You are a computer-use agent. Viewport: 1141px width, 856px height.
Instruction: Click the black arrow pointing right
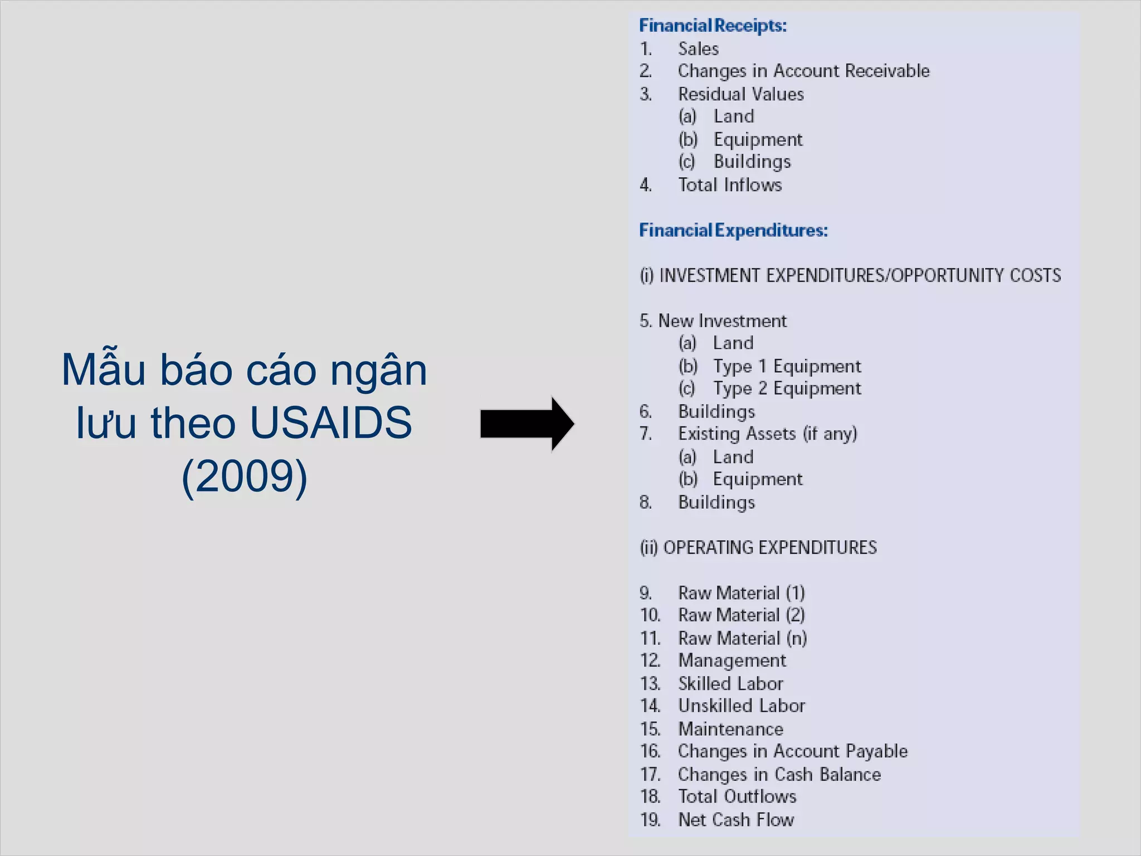click(x=526, y=424)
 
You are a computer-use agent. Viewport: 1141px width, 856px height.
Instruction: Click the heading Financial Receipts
click(x=713, y=26)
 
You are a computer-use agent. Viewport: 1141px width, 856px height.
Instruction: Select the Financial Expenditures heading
click(x=733, y=230)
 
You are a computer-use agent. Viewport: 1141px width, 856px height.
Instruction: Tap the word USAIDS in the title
click(x=331, y=422)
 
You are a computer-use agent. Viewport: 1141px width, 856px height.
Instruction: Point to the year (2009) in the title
click(x=245, y=476)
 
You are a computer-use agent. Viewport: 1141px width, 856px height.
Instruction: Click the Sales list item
click(x=698, y=49)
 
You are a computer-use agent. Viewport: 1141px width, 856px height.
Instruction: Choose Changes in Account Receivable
click(x=803, y=71)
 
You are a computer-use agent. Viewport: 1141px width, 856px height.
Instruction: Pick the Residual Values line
click(x=740, y=94)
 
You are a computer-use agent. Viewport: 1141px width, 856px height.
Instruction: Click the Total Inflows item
click(x=730, y=185)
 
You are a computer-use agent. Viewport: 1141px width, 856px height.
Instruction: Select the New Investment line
click(x=722, y=321)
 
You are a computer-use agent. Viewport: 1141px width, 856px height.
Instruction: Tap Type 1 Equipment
click(x=787, y=366)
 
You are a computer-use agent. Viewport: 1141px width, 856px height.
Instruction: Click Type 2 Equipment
click(x=787, y=388)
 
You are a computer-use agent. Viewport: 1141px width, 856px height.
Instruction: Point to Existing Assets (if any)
click(x=767, y=434)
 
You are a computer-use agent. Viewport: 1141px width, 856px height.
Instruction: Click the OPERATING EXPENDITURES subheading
click(x=769, y=548)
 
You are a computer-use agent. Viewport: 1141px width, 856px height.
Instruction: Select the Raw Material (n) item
click(x=742, y=638)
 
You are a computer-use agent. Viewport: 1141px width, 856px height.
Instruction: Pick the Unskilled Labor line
click(x=741, y=706)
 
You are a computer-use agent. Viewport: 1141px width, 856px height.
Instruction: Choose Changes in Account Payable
click(x=792, y=751)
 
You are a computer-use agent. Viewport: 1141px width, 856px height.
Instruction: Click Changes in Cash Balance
click(x=779, y=775)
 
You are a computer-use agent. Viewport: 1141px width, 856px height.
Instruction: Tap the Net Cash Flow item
click(x=735, y=820)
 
